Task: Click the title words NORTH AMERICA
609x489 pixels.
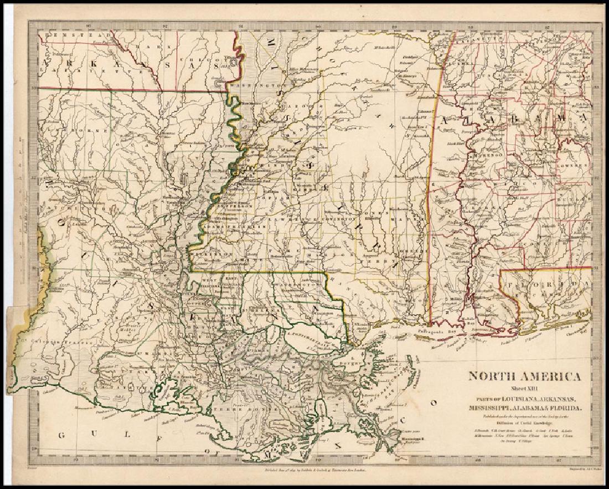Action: point(525,377)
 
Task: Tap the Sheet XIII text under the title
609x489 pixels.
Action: point(525,389)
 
